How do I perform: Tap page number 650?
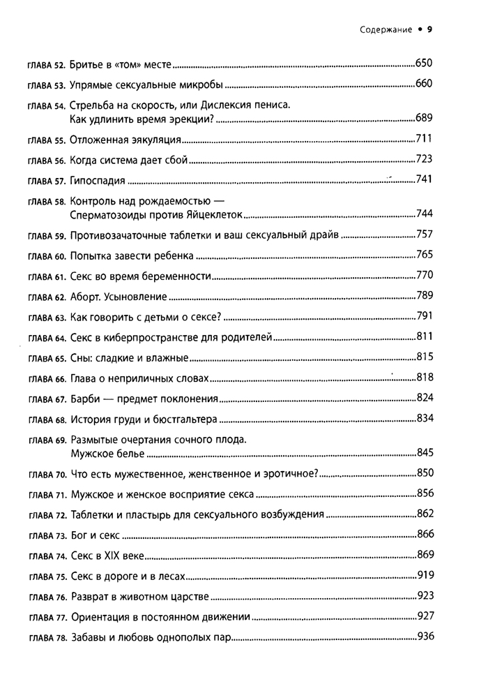(424, 64)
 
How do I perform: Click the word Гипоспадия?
(98, 181)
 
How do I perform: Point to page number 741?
(424, 179)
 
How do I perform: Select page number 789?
(425, 295)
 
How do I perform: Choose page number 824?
(425, 398)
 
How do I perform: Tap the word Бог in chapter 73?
(79, 536)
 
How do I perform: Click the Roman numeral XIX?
(114, 556)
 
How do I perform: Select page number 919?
(425, 575)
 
